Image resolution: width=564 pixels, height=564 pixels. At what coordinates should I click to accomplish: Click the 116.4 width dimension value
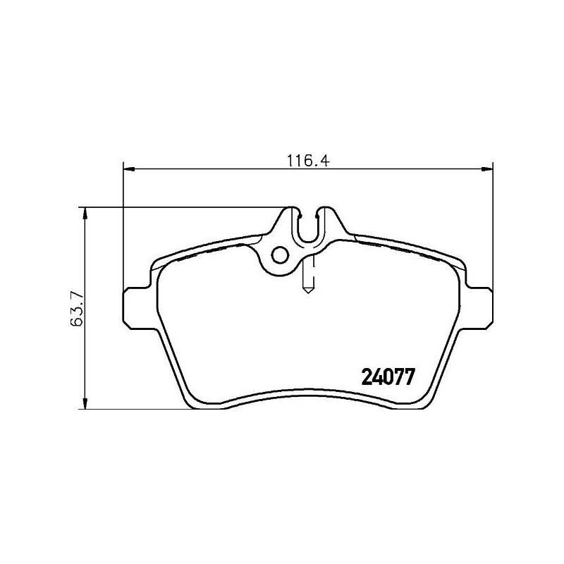[x=308, y=159]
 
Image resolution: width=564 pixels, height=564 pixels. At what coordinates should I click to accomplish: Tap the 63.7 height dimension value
[x=78, y=308]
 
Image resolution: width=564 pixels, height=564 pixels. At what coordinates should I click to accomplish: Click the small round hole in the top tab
[x=281, y=256]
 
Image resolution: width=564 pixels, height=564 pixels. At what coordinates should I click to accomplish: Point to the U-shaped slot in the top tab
[x=309, y=226]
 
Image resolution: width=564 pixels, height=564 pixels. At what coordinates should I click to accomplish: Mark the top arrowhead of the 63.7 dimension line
[x=85, y=212]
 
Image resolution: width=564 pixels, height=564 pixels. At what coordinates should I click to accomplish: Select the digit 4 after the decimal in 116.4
[x=326, y=159]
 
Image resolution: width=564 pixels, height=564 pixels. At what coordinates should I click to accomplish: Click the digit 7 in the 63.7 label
[x=78, y=293]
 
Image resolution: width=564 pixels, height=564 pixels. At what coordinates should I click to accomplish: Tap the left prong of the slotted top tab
[x=294, y=215]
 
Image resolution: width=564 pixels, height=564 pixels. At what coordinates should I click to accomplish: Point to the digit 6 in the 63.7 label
[x=78, y=322]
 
